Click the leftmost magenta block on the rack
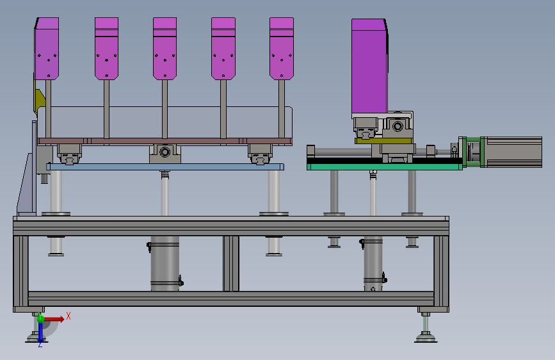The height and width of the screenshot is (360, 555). point(47,49)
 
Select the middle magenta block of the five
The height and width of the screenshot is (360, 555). point(165,49)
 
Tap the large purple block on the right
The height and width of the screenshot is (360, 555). point(369,67)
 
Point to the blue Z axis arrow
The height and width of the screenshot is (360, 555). point(40,331)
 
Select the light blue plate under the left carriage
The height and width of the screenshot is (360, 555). point(165,167)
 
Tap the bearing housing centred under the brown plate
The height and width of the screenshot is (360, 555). point(165,153)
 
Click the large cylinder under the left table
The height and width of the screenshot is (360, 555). point(165,263)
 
